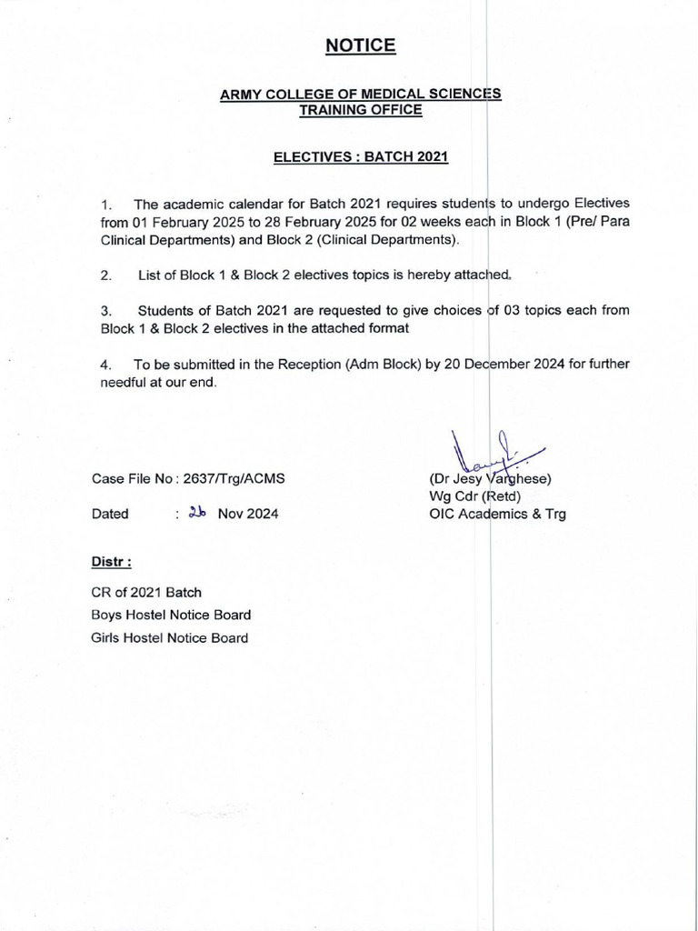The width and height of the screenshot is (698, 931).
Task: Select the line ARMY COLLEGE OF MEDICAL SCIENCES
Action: click(360, 95)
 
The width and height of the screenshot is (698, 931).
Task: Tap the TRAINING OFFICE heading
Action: click(360, 110)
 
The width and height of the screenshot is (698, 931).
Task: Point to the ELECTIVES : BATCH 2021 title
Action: click(361, 157)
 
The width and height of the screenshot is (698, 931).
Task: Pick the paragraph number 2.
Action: click(106, 274)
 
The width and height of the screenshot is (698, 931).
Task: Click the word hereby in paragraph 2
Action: click(401, 274)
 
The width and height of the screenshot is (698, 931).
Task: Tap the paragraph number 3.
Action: click(106, 311)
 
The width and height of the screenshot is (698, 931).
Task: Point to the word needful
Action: click(123, 383)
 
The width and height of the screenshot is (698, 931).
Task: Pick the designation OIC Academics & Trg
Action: click(497, 514)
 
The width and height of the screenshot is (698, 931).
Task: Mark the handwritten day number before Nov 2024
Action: click(197, 513)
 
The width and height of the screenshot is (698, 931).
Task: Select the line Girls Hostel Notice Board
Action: click(170, 637)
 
